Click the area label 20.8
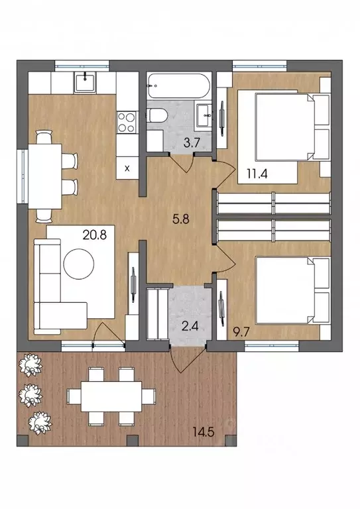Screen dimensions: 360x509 (95, 235)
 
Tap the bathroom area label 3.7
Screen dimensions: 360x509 (191, 143)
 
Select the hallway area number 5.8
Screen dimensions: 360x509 (181, 219)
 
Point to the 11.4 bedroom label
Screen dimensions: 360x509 (257, 174)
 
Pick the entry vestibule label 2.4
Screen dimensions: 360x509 (190, 325)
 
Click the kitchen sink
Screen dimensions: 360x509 (85, 82)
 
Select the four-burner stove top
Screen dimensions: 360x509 (127, 122)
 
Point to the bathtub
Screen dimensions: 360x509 (178, 85)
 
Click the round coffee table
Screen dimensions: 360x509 (79, 264)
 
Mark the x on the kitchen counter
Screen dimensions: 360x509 (127, 168)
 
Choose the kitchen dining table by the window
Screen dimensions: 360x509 (45, 176)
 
